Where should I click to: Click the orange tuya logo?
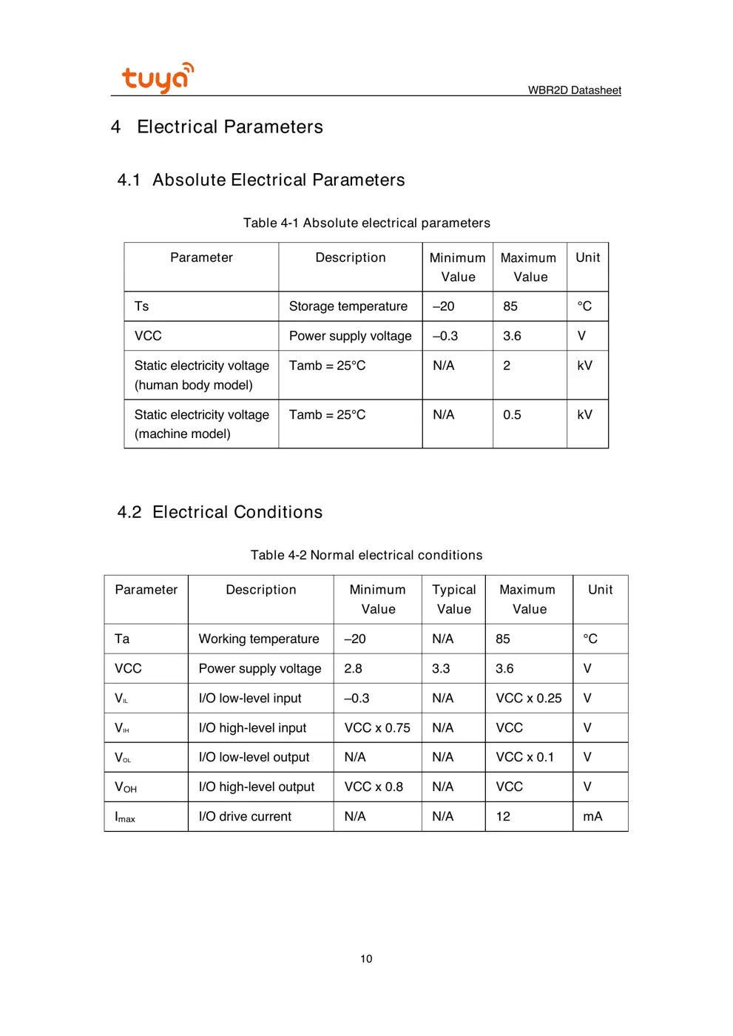pyautogui.click(x=157, y=78)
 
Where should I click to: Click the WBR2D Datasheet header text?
pyautogui.click(x=574, y=90)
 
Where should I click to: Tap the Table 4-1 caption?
pyautogui.click(x=366, y=223)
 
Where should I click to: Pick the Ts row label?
pyautogui.click(x=142, y=306)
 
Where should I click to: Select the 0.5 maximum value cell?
pyautogui.click(x=512, y=415)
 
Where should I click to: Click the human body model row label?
pyautogui.click(x=201, y=375)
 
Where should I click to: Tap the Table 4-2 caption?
pyautogui.click(x=366, y=555)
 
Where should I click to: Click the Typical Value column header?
pyautogui.click(x=453, y=599)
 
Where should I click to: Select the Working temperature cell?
pyautogui.click(x=259, y=639)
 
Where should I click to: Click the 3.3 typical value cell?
pyautogui.click(x=441, y=668)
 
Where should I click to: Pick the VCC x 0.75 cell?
pyautogui.click(x=377, y=727)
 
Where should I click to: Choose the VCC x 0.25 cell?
pyautogui.click(x=528, y=698)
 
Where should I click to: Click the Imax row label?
pyautogui.click(x=125, y=817)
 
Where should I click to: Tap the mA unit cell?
pyautogui.click(x=592, y=816)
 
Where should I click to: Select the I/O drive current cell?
pyautogui.click(x=245, y=816)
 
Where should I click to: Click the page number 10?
pyautogui.click(x=366, y=959)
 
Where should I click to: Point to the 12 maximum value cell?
pyautogui.click(x=503, y=816)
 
